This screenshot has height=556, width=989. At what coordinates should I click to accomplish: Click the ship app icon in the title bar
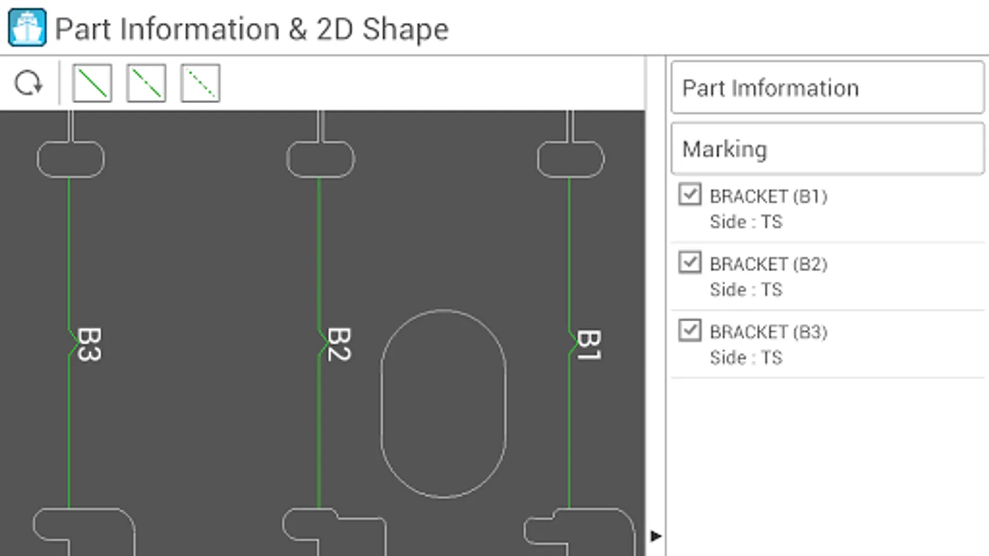click(27, 27)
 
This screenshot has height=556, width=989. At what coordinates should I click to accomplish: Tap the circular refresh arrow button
click(28, 83)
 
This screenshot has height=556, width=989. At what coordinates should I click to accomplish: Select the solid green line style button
click(92, 83)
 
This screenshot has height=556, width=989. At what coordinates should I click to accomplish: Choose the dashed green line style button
click(146, 83)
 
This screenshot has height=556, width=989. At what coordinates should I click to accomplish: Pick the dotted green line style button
click(200, 83)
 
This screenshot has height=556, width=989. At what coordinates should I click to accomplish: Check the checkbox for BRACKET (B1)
click(690, 194)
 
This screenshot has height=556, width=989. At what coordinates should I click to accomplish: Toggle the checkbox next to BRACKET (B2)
click(690, 262)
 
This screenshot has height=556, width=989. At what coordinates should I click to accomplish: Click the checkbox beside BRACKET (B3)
click(690, 330)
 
